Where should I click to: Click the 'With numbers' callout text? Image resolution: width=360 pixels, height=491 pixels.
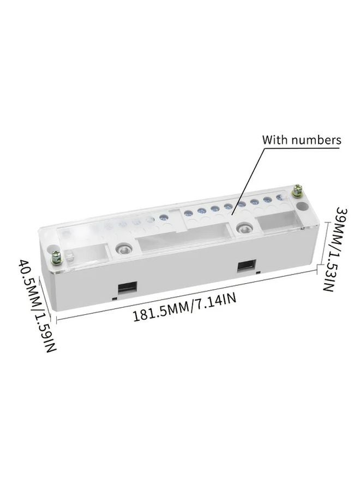click(302, 140)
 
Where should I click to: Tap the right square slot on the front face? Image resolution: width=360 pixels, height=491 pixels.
click(245, 266)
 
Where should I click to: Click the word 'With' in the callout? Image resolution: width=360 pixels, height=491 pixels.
click(275, 140)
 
